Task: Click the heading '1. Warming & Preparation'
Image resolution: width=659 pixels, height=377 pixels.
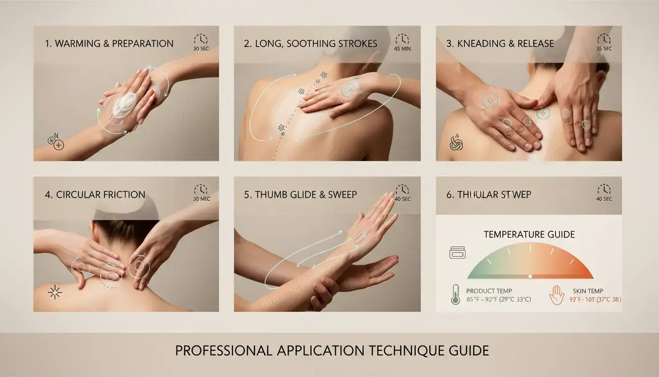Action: (109, 44)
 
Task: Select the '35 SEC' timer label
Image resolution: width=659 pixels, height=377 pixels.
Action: (604, 49)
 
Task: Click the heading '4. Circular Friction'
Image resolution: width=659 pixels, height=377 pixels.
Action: (95, 194)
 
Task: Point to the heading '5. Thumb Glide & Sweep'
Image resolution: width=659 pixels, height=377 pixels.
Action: (300, 194)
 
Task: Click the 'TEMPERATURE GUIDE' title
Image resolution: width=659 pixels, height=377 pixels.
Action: (529, 235)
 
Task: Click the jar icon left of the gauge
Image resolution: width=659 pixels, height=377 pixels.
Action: (454, 253)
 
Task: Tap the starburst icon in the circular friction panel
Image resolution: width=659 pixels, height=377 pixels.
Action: (54, 294)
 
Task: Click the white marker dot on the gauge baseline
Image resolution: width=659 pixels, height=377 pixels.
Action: (530, 277)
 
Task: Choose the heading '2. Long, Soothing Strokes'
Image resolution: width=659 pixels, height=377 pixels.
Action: (310, 44)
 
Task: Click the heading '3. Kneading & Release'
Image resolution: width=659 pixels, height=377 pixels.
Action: (500, 44)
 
